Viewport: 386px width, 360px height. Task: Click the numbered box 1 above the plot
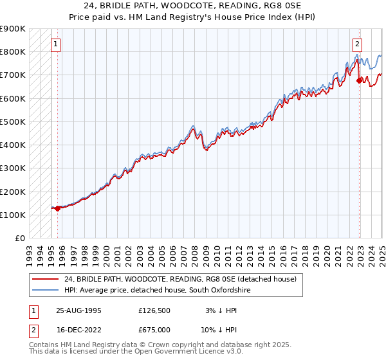click(56, 44)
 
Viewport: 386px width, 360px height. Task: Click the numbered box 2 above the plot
click(357, 44)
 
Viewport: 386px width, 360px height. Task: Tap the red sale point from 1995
click(57, 208)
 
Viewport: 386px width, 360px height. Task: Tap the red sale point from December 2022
click(359, 81)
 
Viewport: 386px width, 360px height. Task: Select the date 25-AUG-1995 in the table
click(78, 310)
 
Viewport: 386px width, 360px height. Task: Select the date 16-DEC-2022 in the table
click(78, 330)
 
